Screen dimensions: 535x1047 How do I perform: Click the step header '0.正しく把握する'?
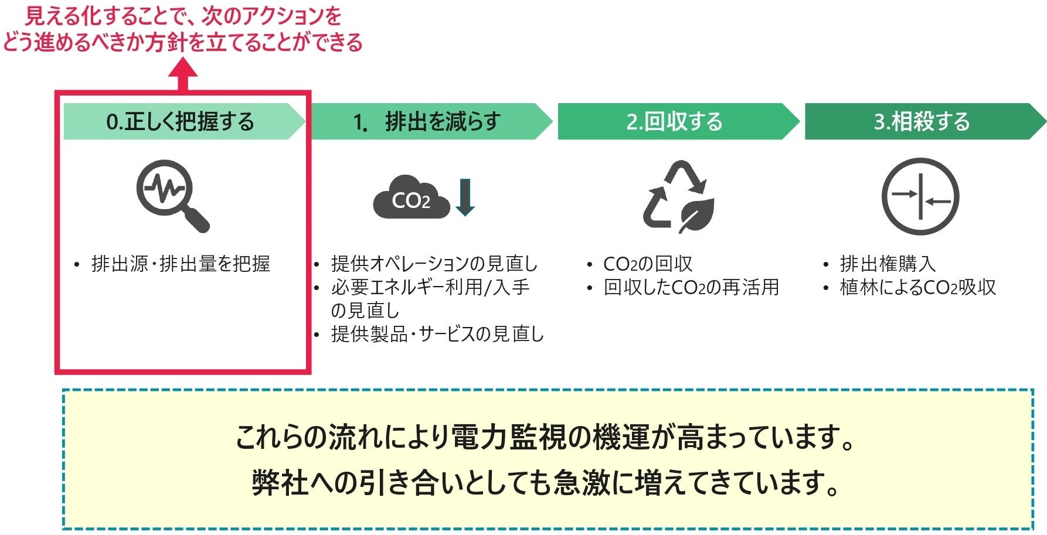click(x=180, y=121)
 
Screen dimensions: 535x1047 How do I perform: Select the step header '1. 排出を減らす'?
click(x=427, y=121)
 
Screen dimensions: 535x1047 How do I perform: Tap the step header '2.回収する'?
click(x=674, y=121)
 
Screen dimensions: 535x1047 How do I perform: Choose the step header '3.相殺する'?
click(x=922, y=121)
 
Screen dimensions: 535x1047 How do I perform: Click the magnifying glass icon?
click(x=172, y=196)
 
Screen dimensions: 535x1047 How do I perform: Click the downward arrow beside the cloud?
click(x=465, y=197)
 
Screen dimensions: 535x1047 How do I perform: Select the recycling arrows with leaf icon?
click(x=679, y=197)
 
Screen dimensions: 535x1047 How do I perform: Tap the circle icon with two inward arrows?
click(x=920, y=197)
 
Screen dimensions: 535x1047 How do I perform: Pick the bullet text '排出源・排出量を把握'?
click(x=181, y=264)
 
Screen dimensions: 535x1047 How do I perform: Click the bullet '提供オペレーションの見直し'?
click(x=434, y=264)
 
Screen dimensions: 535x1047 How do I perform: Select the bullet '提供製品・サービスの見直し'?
click(x=437, y=334)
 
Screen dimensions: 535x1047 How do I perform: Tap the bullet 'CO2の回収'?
click(x=648, y=264)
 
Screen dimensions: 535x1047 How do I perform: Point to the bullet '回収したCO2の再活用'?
click(x=691, y=287)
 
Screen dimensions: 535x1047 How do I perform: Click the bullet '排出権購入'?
click(x=888, y=264)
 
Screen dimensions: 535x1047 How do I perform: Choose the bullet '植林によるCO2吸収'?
click(x=917, y=287)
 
